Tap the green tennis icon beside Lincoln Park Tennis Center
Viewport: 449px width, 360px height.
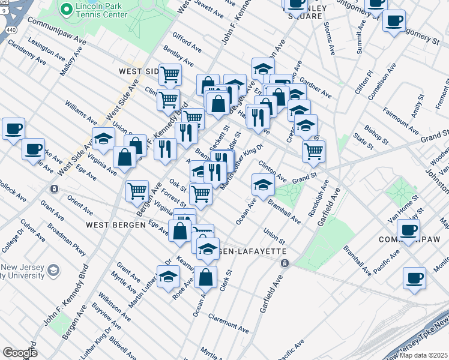66,9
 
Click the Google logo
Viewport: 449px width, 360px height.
20,352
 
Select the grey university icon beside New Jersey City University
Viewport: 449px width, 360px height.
53,271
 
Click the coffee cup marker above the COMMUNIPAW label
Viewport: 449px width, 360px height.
408,229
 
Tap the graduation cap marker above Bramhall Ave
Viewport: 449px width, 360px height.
262,184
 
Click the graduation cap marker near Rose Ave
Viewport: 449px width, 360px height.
169,275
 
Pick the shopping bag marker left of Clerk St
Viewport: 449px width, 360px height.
205,277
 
